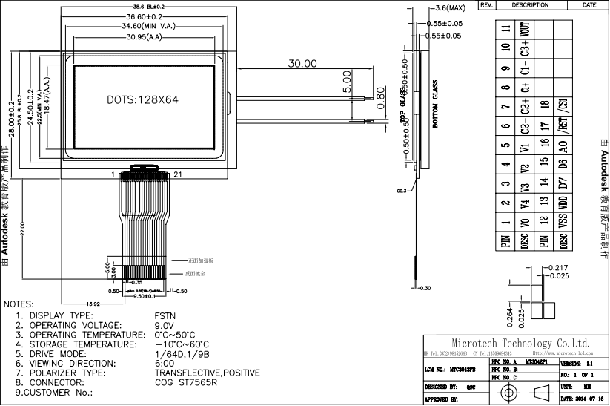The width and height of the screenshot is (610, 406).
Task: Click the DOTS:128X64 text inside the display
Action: tap(142, 99)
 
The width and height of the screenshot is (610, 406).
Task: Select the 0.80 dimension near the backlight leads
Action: tap(381, 105)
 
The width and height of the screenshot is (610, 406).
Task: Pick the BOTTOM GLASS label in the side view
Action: tap(435, 105)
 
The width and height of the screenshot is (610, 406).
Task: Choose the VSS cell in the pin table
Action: tap(563, 220)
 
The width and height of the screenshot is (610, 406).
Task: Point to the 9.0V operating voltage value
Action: tap(165, 325)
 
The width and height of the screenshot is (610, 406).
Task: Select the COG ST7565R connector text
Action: tap(186, 383)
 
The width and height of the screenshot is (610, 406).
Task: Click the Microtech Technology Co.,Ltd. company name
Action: tap(520, 343)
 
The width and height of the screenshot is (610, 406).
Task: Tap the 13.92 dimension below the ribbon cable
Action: tap(93, 304)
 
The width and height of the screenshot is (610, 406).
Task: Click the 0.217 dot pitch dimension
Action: tap(560, 267)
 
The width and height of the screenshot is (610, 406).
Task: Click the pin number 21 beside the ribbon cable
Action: tap(178, 174)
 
